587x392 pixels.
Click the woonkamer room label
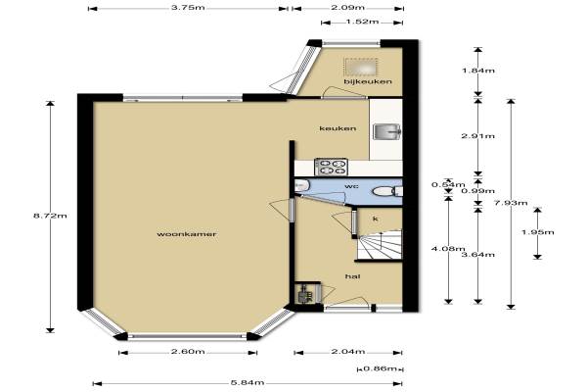tap(187, 234)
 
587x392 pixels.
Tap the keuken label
tap(338, 128)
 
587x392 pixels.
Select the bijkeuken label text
tap(368, 81)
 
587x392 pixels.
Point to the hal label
tap(352, 276)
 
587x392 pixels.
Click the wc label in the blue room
tap(350, 186)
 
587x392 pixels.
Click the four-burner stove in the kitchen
tap(331, 167)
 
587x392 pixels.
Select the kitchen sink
tap(387, 131)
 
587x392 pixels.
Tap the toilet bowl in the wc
tap(383, 192)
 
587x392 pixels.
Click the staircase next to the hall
tap(379, 245)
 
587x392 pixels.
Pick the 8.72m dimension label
tap(50, 216)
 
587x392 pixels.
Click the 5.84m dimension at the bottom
tap(248, 383)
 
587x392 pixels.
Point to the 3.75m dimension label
tap(188, 8)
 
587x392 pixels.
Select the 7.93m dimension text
tap(511, 203)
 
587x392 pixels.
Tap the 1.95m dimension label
tap(537, 232)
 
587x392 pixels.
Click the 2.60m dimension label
tap(188, 352)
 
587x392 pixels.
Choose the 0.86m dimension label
tap(380, 368)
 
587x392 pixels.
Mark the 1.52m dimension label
tap(362, 22)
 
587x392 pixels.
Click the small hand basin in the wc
tap(301, 185)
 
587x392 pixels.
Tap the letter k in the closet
tap(376, 219)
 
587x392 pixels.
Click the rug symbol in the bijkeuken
tap(360, 68)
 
